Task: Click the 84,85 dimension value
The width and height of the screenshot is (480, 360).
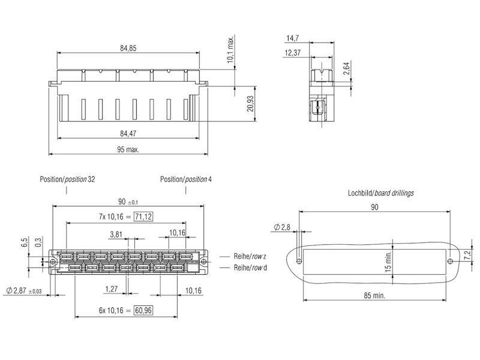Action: coord(127,48)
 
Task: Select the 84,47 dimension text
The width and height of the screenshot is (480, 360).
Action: coord(127,133)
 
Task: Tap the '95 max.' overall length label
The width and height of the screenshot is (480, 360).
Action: coord(127,149)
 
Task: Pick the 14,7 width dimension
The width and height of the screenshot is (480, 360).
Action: coord(292,37)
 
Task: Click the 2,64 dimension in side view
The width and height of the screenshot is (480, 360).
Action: coord(347,68)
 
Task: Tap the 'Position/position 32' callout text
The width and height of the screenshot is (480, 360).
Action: coord(67,179)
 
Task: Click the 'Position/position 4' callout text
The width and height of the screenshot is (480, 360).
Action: coord(186,179)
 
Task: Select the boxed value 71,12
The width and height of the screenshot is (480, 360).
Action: coord(142,216)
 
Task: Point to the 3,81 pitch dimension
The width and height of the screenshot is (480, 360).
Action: coord(118,233)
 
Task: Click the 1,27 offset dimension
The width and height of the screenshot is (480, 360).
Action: coord(110,289)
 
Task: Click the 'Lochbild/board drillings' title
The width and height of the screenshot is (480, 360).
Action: coord(380,193)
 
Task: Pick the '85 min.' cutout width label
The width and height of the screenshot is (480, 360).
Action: coord(374,296)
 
